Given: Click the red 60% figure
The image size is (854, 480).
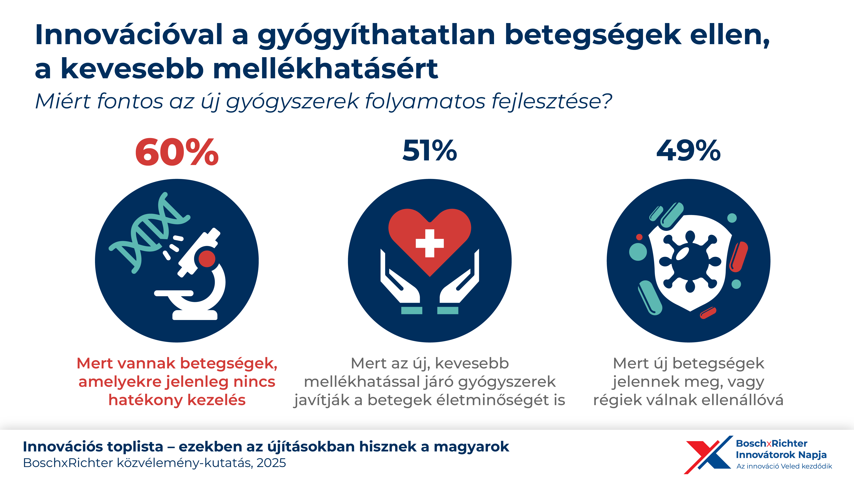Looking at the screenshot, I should pyautogui.click(x=177, y=152).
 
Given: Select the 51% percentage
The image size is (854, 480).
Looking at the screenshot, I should pyautogui.click(x=430, y=151).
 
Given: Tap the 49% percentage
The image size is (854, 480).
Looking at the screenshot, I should pyautogui.click(x=689, y=151).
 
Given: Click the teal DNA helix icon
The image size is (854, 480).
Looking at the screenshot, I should pyautogui.click(x=149, y=232).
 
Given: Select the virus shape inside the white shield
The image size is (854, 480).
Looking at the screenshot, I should pyautogui.click(x=690, y=262).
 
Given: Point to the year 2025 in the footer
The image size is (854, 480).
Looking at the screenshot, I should pyautogui.click(x=271, y=463).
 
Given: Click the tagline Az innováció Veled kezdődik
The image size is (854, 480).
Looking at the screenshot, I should pyautogui.click(x=784, y=466).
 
